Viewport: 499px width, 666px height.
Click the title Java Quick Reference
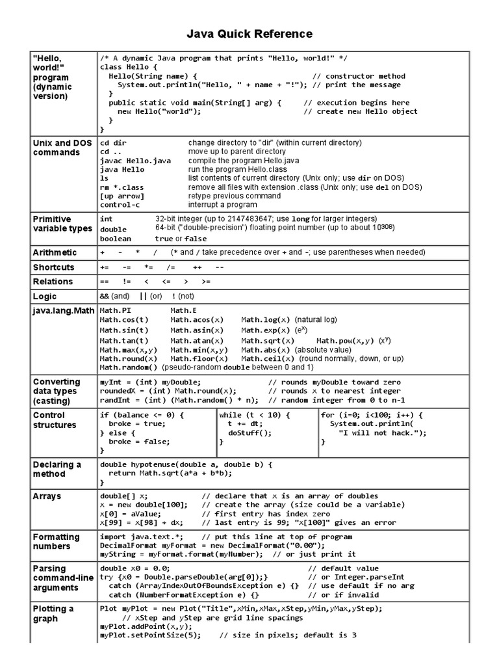[x=249, y=34]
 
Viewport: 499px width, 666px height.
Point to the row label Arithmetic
[x=55, y=252]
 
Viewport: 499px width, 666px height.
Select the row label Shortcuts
[x=54, y=267]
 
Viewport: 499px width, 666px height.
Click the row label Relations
[x=53, y=282]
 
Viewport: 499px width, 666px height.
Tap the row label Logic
[x=44, y=296]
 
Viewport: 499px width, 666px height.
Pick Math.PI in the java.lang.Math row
[x=115, y=310]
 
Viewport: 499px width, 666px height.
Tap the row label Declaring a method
[x=57, y=469]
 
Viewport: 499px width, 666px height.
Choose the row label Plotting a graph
[x=53, y=613]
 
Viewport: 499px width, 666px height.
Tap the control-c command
[x=120, y=205]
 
